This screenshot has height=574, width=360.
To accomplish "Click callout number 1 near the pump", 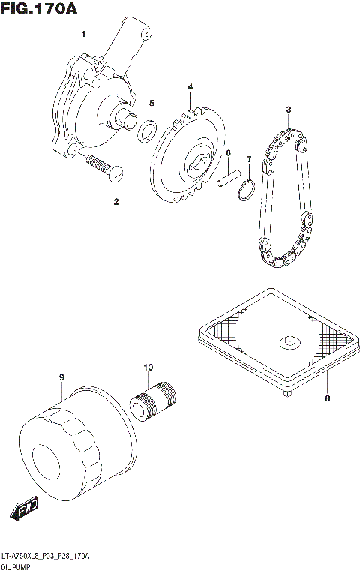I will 83,34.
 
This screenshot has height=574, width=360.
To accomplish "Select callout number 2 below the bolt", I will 115,201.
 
